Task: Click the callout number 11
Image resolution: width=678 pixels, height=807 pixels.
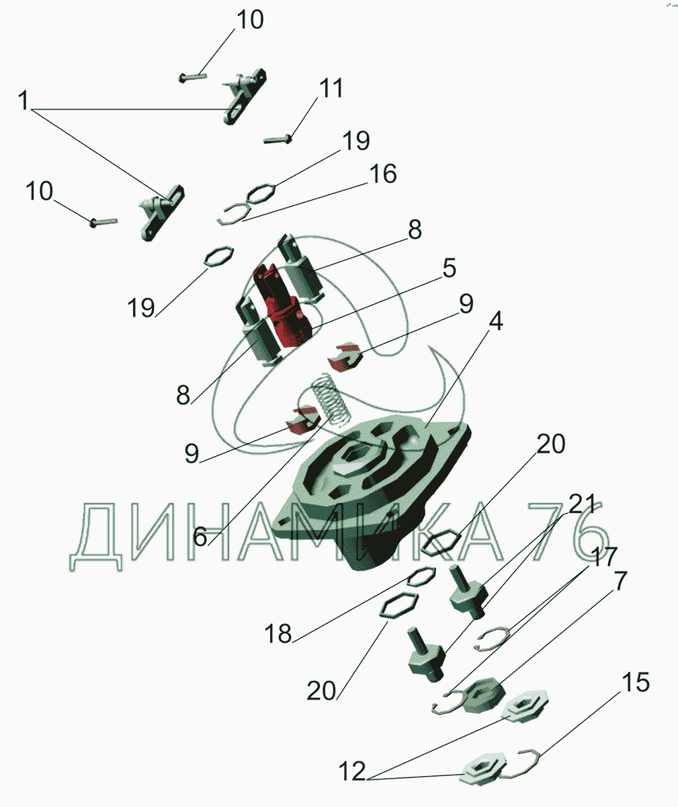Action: [x=331, y=87]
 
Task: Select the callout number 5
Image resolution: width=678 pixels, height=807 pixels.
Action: [x=449, y=268]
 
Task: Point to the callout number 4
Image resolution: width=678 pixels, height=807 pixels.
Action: [x=496, y=321]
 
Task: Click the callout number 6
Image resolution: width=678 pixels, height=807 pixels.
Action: [x=200, y=537]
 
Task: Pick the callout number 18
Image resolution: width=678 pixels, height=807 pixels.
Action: [x=278, y=634]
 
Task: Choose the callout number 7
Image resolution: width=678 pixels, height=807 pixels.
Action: [x=620, y=581]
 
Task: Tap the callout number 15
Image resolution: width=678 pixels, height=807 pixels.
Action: [x=636, y=682]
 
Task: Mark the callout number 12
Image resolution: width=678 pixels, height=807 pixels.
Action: [x=352, y=771]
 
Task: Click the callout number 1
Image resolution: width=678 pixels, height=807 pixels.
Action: [x=24, y=100]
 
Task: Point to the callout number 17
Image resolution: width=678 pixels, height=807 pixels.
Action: [x=604, y=557]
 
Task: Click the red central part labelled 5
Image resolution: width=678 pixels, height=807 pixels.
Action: [x=283, y=305]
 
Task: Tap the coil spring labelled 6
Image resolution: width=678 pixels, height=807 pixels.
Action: [x=331, y=400]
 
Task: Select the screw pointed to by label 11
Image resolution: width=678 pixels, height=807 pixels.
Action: [x=278, y=139]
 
